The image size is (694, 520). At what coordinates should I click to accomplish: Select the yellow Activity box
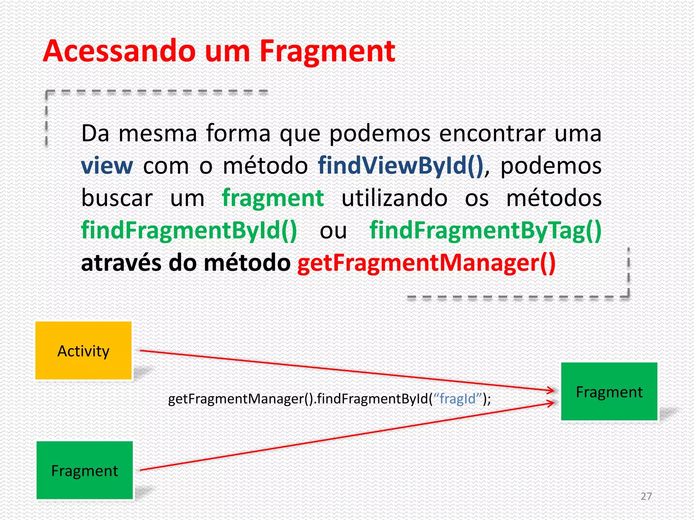(83, 351)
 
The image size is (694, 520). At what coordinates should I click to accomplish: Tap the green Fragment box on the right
(609, 392)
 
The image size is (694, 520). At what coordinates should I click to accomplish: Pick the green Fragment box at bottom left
(84, 470)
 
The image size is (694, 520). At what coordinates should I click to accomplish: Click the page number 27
(646, 496)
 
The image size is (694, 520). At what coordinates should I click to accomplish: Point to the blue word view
(107, 166)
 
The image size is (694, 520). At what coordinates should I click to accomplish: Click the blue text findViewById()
(401, 166)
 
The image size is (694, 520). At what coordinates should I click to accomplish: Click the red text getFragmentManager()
(426, 263)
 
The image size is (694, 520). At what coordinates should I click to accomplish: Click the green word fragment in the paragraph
(273, 198)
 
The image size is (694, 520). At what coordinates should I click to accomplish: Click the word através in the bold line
(121, 263)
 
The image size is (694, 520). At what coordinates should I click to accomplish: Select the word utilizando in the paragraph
(394, 198)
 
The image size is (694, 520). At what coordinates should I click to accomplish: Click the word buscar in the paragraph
(117, 198)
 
